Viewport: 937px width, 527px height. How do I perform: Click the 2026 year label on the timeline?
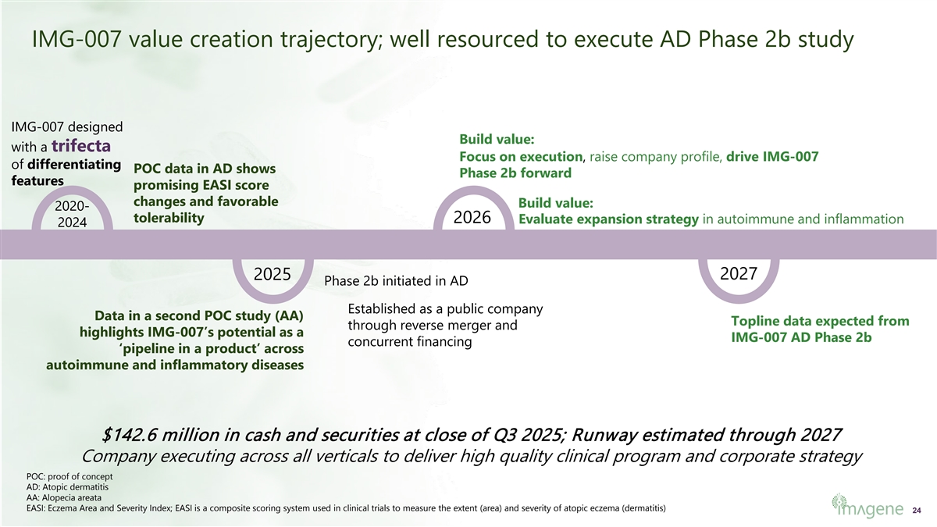472,217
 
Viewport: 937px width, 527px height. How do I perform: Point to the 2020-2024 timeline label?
72,214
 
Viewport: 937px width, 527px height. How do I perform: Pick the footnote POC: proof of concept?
69,476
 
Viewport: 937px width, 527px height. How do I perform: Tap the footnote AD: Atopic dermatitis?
67,487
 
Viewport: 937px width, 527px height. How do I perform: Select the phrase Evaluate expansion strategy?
608,219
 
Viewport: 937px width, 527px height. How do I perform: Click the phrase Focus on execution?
521,157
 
